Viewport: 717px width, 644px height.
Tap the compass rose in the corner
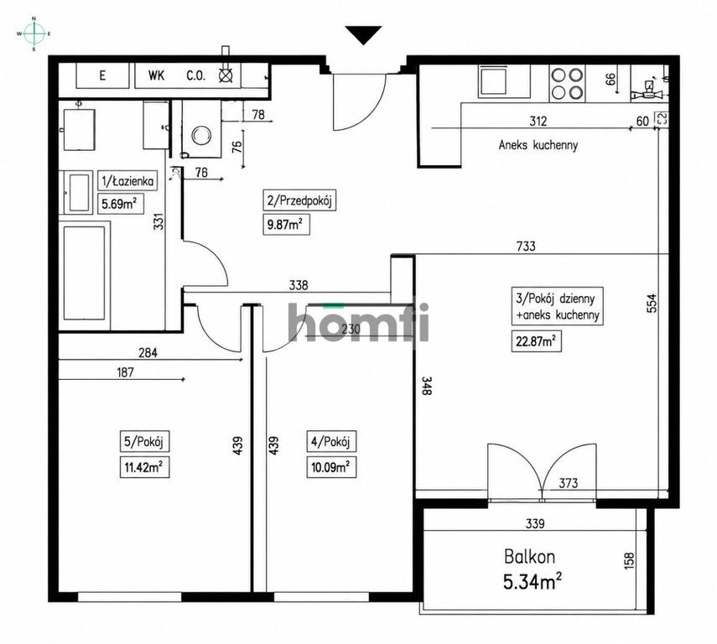pos(34,34)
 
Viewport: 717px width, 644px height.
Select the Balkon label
pos(529,557)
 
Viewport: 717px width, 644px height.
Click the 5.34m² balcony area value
pos(533,582)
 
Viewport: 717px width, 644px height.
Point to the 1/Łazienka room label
pos(127,181)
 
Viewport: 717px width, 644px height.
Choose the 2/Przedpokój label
pos(299,200)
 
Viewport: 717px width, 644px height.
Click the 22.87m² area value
pos(537,341)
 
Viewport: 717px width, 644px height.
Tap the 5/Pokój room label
pos(144,442)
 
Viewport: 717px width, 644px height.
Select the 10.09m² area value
pos(330,467)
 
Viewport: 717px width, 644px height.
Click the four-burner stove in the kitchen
pos(568,83)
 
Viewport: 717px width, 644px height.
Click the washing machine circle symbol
pos(201,135)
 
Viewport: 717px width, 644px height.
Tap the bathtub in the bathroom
pos(85,273)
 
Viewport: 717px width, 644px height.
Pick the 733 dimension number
pos(526,246)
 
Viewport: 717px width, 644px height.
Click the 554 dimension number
pos(652,303)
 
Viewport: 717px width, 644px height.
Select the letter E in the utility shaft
pos(102,75)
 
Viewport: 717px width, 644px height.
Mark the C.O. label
pos(195,75)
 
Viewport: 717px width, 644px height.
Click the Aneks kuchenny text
pos(538,145)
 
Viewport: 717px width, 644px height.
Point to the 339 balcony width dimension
pos(535,523)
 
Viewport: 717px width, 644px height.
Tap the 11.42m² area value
pos(144,467)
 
